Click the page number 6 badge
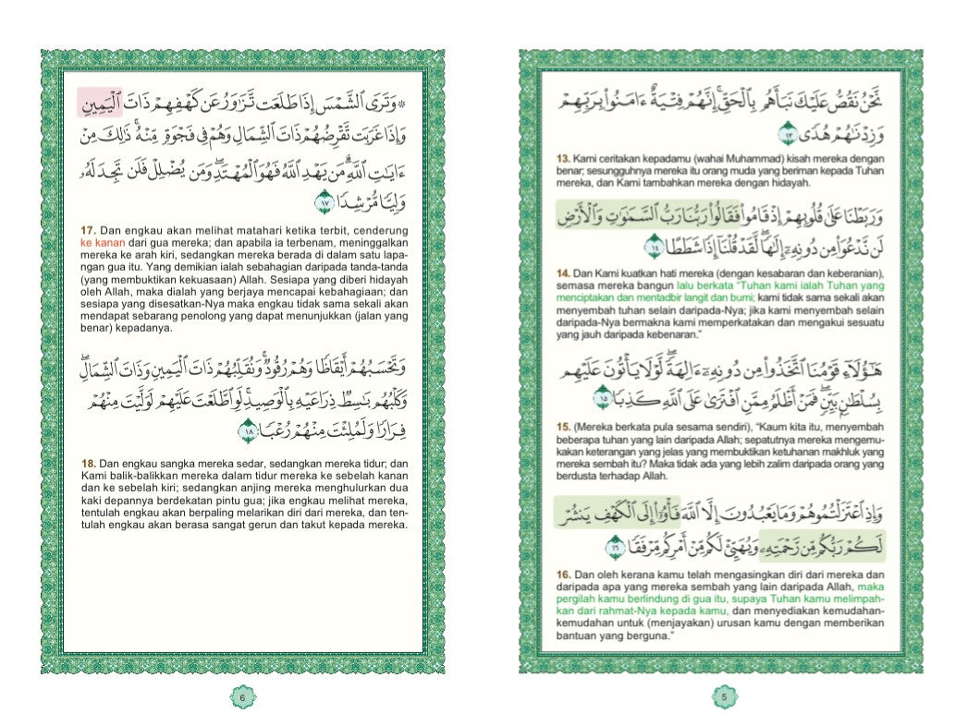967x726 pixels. pos(242,697)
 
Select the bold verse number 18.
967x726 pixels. pos(89,463)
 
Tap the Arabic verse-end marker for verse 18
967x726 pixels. pos(247,430)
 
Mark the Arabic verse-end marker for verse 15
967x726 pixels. pos(602,399)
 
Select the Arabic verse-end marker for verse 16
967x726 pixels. pos(613,551)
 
